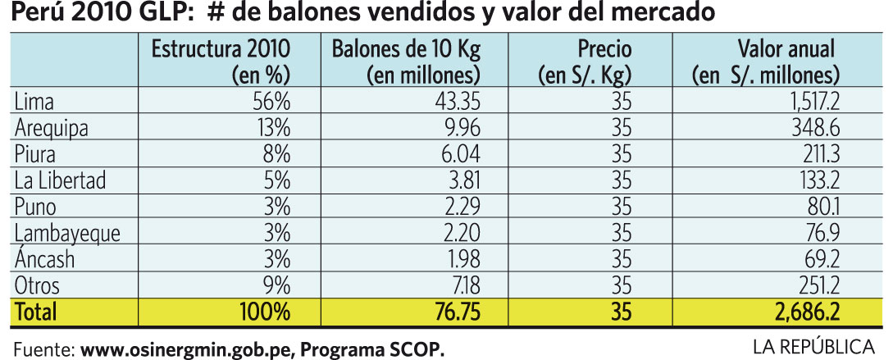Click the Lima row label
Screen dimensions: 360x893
32,102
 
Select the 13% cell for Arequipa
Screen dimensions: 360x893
274,129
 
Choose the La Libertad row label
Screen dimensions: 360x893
61,181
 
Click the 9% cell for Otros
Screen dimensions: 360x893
276,286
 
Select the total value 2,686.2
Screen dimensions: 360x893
804,312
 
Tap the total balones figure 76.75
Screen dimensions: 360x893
451,312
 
